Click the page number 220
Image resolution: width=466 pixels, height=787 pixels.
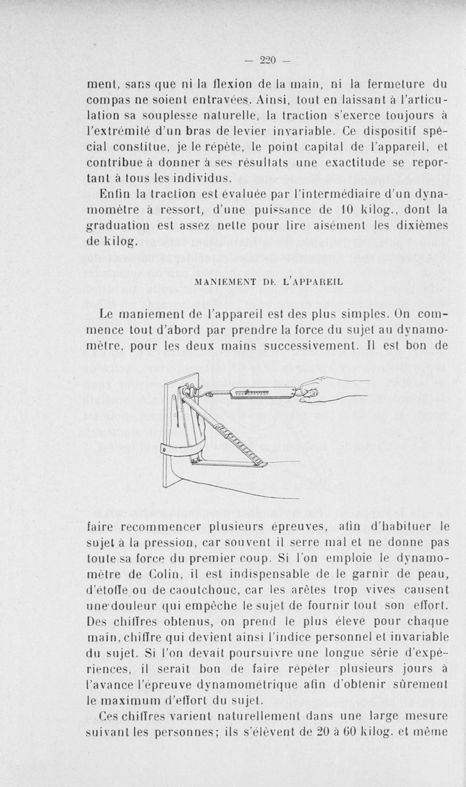click(267, 59)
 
